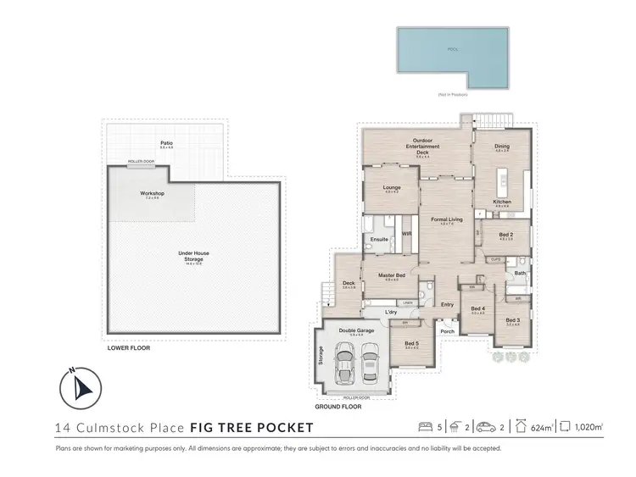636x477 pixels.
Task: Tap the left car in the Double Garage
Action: point(345,362)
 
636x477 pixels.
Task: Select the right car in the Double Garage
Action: point(369,362)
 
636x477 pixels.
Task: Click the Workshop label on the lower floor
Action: point(152,194)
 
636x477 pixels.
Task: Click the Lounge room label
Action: point(392,187)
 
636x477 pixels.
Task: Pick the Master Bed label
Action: point(391,275)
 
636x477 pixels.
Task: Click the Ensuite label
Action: point(379,239)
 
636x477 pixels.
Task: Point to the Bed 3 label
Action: point(513,320)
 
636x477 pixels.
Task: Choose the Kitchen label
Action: point(502,202)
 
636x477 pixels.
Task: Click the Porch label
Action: point(447,330)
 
